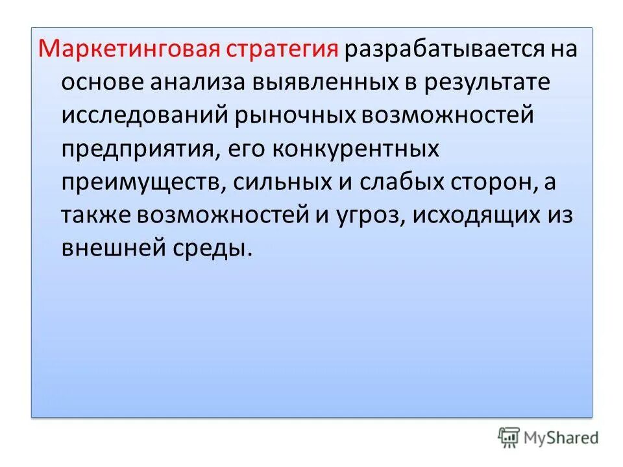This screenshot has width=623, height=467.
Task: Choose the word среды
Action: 211,249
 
